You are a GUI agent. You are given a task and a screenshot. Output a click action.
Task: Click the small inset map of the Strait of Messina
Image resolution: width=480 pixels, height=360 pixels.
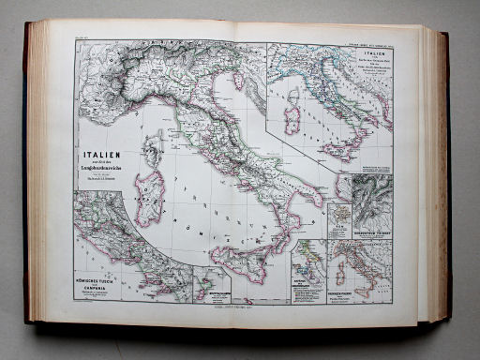point(209,285)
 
